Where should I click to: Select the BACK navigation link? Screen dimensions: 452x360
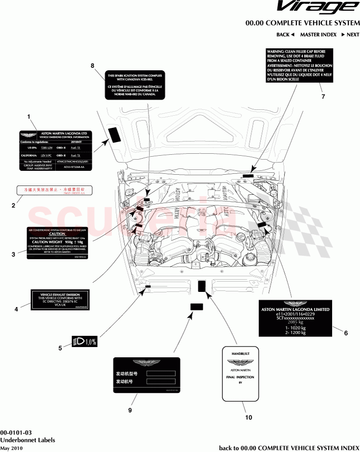(x=285, y=35)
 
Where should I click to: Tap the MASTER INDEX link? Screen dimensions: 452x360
(x=318, y=35)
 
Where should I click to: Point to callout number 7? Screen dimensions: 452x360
(x=322, y=97)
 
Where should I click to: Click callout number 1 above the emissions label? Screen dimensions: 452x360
(x=29, y=117)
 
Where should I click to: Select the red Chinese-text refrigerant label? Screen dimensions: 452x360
(x=55, y=190)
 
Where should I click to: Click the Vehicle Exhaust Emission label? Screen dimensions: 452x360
(x=60, y=301)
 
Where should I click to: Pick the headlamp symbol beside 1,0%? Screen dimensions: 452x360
(x=78, y=342)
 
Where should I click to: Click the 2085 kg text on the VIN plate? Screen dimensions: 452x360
(x=295, y=323)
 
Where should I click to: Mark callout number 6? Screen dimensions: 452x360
(x=345, y=333)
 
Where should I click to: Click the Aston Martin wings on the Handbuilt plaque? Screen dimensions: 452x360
(x=240, y=363)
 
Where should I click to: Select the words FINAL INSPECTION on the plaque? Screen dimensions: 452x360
(x=240, y=377)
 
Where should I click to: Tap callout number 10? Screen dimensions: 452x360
(x=250, y=417)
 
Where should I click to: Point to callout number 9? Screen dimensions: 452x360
(x=130, y=411)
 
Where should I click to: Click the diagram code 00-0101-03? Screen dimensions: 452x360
(x=16, y=432)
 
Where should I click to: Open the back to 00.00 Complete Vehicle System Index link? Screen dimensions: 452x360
(x=289, y=448)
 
